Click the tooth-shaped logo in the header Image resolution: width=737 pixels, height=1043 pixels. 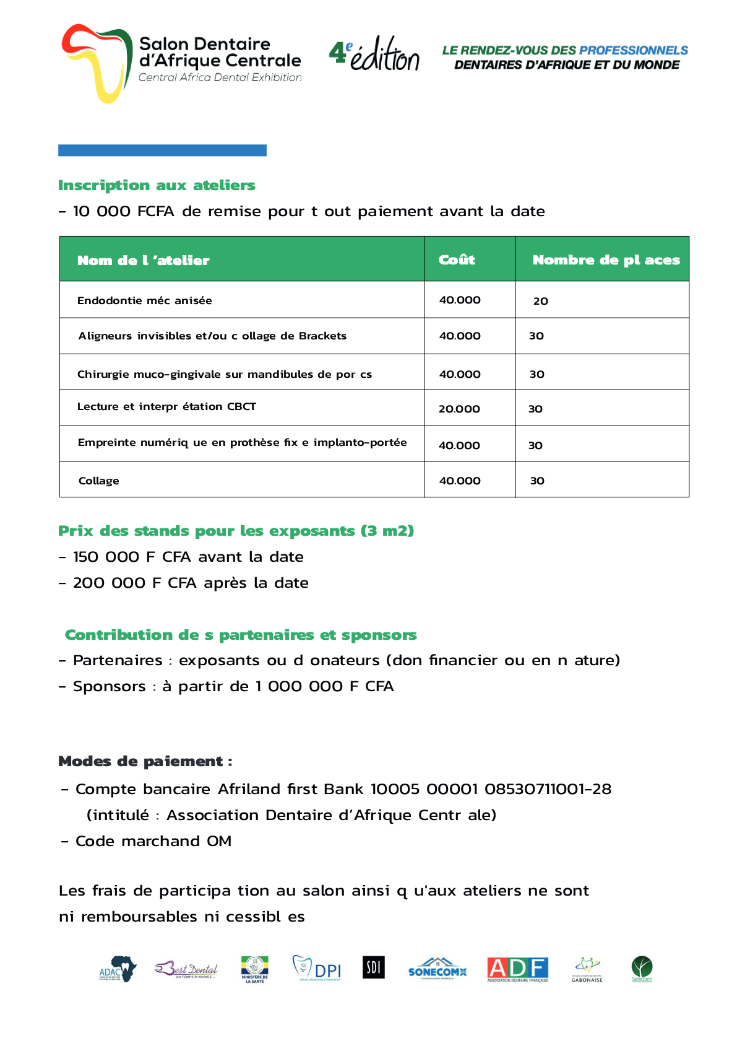97,63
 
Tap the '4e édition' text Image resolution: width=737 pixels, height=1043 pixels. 374,54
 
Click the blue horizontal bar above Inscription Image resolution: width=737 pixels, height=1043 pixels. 162,150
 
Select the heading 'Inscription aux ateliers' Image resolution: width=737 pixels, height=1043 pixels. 157,185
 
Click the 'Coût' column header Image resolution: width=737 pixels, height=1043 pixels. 457,260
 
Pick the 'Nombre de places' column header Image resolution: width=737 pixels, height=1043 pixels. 606,260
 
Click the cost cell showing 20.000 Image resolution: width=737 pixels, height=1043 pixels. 459,409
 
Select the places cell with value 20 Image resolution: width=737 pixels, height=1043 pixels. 540,301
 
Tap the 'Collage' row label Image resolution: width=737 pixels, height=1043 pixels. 99,481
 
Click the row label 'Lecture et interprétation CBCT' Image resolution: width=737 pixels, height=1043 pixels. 166,406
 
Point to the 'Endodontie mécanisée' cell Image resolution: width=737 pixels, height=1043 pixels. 144,300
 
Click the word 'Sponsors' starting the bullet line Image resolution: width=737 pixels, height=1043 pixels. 110,686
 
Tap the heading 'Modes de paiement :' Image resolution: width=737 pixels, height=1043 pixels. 145,761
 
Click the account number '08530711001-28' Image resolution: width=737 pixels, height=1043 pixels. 548,789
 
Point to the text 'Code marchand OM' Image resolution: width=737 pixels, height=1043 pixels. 153,841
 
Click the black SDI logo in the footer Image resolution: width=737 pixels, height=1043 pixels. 373,967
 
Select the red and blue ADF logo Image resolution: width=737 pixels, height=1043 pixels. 517,969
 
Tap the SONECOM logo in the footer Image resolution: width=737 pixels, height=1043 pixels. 437,969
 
